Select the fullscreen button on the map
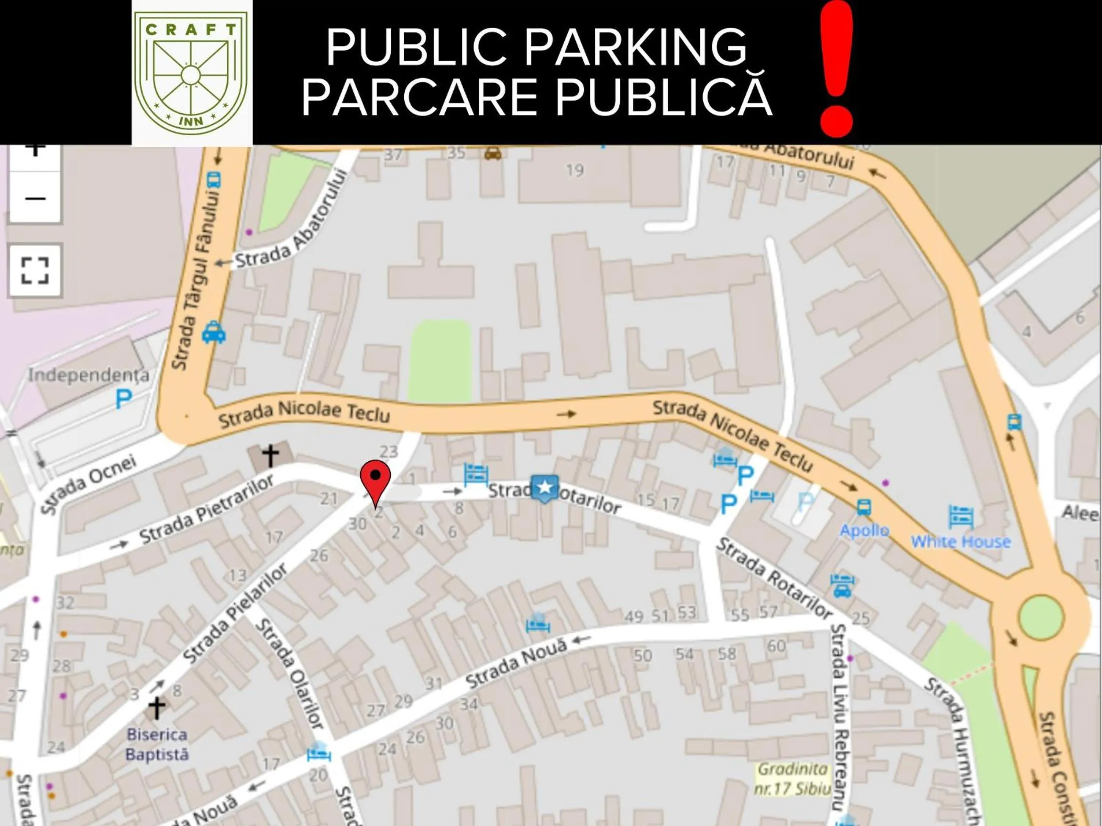pyautogui.click(x=35, y=271)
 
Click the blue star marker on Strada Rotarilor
pyautogui.click(x=545, y=488)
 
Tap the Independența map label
pyautogui.click(x=88, y=375)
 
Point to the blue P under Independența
pyautogui.click(x=123, y=399)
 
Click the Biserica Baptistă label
pyautogui.click(x=157, y=744)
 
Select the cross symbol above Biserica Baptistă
pyautogui.click(x=156, y=707)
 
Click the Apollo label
pyautogui.click(x=864, y=530)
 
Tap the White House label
pyautogui.click(x=961, y=541)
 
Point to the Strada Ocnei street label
pyautogui.click(x=88, y=484)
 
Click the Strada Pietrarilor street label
pyautogui.click(x=206, y=510)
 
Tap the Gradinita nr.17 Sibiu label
pyautogui.click(x=793, y=779)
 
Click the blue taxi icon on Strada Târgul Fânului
pyautogui.click(x=214, y=333)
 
